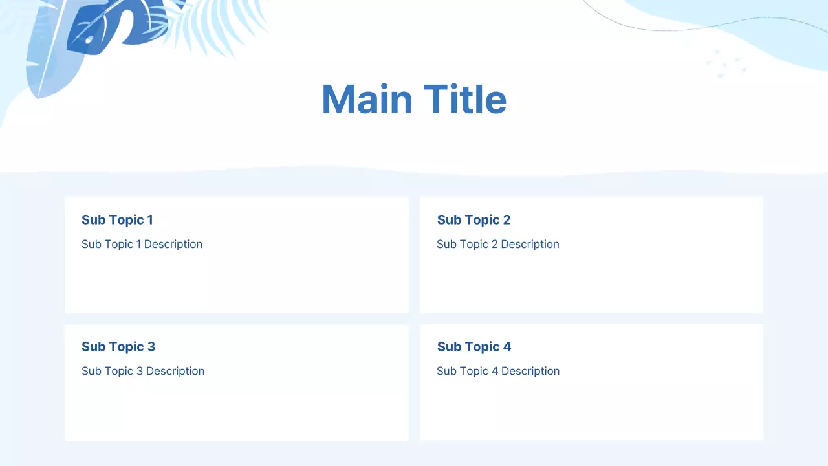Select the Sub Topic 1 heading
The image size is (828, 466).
click(117, 220)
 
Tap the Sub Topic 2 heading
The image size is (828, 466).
click(474, 220)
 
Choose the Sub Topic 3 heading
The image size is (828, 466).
click(118, 347)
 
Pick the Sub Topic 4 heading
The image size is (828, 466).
click(474, 347)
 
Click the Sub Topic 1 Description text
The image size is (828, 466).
click(142, 244)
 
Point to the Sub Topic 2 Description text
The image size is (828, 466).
click(497, 244)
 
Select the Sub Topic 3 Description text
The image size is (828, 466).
click(143, 371)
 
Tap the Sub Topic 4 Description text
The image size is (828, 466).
click(498, 371)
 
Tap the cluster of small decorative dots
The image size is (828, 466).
click(726, 63)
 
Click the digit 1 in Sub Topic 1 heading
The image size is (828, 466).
click(150, 220)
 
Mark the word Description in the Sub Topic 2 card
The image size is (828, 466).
click(530, 244)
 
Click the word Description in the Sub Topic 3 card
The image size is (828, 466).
click(175, 371)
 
